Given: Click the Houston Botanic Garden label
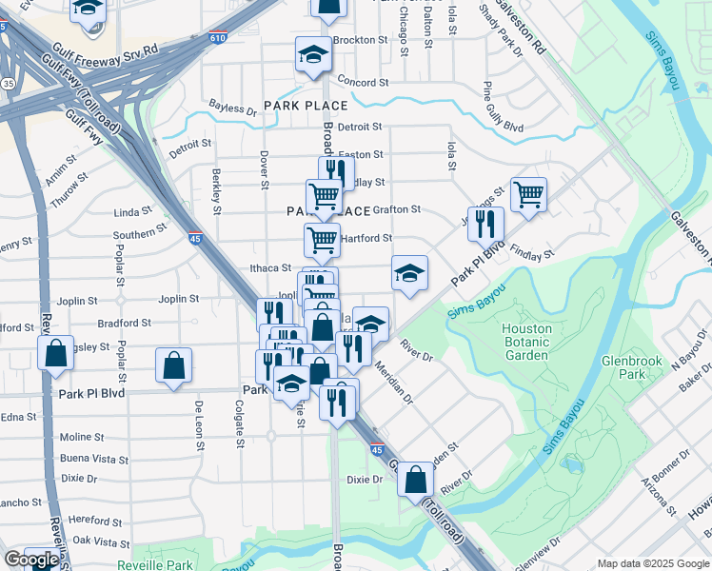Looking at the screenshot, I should pos(526,342).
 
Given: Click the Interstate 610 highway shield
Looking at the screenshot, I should pos(217,38).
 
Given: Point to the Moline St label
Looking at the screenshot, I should pos(82,438).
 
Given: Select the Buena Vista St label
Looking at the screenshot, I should pos(94,459).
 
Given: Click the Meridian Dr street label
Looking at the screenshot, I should pos(393,382).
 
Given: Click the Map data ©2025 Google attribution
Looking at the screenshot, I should pos(652,562).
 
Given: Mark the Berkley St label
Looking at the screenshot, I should pos(217,191).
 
